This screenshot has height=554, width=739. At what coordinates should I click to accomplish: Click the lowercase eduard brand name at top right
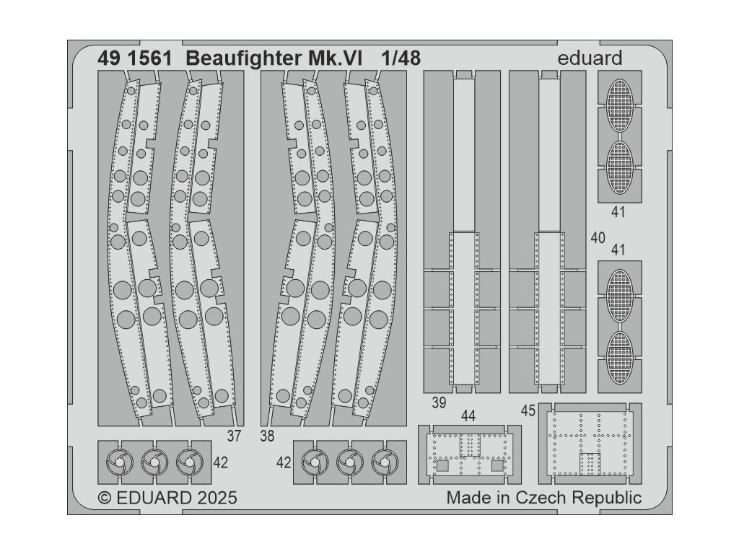click(x=590, y=58)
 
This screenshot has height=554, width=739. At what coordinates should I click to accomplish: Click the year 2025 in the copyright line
click(x=211, y=498)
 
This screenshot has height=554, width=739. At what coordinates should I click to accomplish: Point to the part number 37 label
click(x=233, y=436)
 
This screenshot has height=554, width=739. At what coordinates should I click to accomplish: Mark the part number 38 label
click(x=267, y=436)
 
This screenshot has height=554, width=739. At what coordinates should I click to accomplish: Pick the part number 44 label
click(x=468, y=415)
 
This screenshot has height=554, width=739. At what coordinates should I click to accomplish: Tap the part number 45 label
click(x=528, y=410)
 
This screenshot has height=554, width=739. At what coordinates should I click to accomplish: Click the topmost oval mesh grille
click(x=618, y=105)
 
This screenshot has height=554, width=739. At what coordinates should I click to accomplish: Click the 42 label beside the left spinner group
click(x=221, y=462)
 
